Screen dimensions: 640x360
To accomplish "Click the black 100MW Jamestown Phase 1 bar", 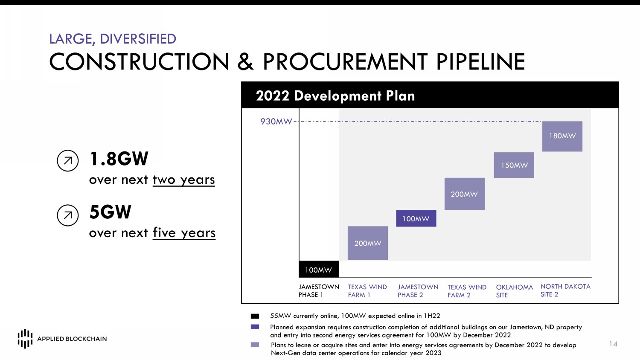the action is [319, 269].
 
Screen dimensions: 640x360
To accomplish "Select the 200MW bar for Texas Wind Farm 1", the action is [368, 243].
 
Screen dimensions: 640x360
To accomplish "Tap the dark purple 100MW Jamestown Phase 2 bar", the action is [416, 218].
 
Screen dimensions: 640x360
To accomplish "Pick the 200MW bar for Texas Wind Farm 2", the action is [465, 194].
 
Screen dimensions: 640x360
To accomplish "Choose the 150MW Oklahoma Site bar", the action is [514, 165].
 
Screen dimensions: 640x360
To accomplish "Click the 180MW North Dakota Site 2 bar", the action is [562, 136].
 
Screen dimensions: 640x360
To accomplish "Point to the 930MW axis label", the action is [276, 122].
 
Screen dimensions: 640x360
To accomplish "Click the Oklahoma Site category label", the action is [514, 291].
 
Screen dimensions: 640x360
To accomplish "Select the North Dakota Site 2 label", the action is [565, 290].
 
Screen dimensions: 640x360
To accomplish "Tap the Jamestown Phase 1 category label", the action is [319, 290].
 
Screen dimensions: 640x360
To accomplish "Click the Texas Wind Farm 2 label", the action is [467, 291].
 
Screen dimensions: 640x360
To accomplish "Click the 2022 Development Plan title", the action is [335, 96].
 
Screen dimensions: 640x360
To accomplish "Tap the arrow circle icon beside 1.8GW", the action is [68, 160].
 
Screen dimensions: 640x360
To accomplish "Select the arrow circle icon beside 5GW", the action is [68, 215].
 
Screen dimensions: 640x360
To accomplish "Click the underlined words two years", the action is [184, 180].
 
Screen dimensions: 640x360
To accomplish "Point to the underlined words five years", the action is [184, 233].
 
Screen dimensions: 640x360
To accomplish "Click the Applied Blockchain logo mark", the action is [25, 339].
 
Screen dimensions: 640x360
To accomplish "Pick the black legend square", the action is [255, 316].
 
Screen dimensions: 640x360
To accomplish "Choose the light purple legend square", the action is [255, 345].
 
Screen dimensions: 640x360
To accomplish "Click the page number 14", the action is [613, 344].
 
